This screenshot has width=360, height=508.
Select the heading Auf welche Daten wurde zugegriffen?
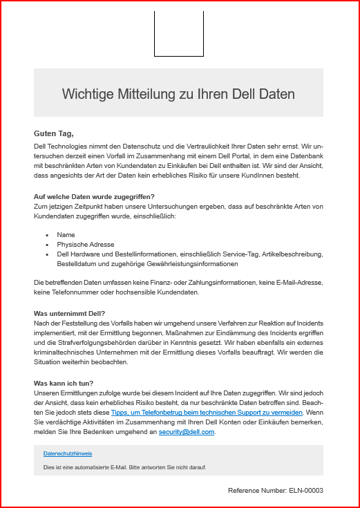(94, 197)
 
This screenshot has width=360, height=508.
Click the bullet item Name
(66, 235)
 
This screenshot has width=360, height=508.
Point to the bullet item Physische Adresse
(86, 245)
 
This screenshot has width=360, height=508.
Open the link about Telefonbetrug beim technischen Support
(207, 413)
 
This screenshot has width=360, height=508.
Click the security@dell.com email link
(187, 432)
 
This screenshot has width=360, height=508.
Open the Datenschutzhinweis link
(68, 453)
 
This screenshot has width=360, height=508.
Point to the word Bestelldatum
(80, 264)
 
